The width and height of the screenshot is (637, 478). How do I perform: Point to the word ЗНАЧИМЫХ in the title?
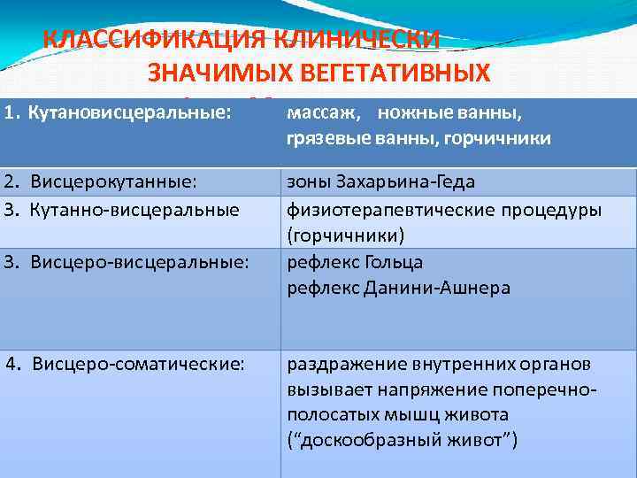[207, 73]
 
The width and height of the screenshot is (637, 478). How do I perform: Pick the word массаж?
[321, 114]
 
